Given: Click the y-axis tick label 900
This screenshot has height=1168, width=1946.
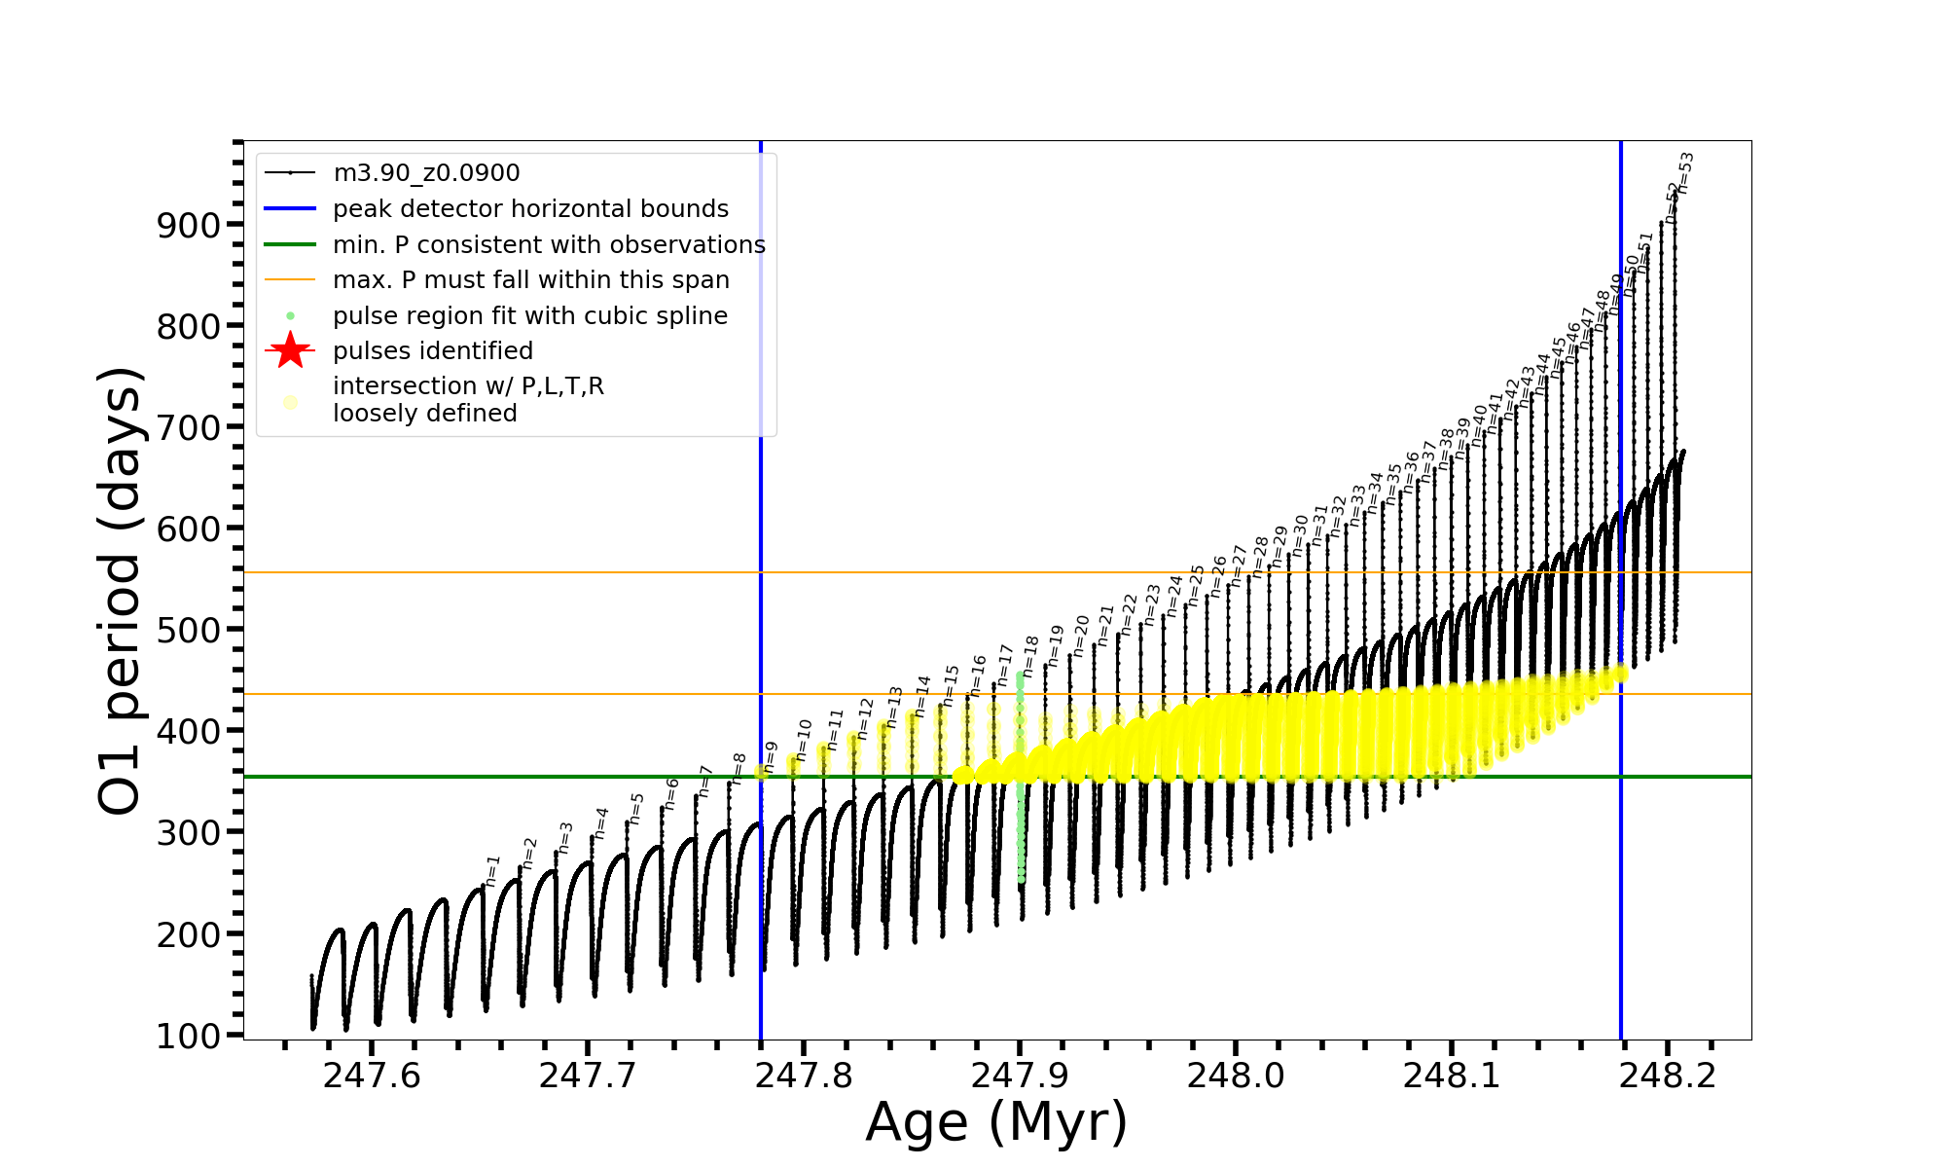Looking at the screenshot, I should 189,225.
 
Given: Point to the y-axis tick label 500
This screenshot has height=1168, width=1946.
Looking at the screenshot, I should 189,630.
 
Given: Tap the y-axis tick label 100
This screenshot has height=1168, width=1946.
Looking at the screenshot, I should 189,1036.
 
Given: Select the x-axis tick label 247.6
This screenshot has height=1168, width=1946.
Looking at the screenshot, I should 372,1076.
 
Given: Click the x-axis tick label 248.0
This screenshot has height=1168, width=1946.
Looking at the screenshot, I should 1236,1076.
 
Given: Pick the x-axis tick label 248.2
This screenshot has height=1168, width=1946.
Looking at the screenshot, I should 1668,1076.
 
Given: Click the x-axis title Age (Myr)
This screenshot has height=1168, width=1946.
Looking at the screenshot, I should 996,1122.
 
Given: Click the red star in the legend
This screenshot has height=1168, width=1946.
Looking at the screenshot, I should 290,350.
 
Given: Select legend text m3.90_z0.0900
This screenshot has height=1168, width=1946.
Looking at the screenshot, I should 426,173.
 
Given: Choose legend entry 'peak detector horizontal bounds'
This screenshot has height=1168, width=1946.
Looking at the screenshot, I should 530,209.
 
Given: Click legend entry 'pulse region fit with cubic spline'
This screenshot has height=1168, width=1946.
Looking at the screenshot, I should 529,316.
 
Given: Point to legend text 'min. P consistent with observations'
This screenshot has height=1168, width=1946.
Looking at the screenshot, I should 549,245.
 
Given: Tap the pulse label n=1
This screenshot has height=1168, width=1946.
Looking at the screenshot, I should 493,870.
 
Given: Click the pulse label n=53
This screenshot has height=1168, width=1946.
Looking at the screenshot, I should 1686,172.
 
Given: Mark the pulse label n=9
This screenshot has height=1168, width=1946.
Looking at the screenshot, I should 771,756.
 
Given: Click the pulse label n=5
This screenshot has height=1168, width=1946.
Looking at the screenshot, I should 637,808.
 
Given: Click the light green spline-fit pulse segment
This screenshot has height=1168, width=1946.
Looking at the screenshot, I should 1020,779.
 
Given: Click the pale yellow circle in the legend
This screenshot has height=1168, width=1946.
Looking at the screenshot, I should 290,401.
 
